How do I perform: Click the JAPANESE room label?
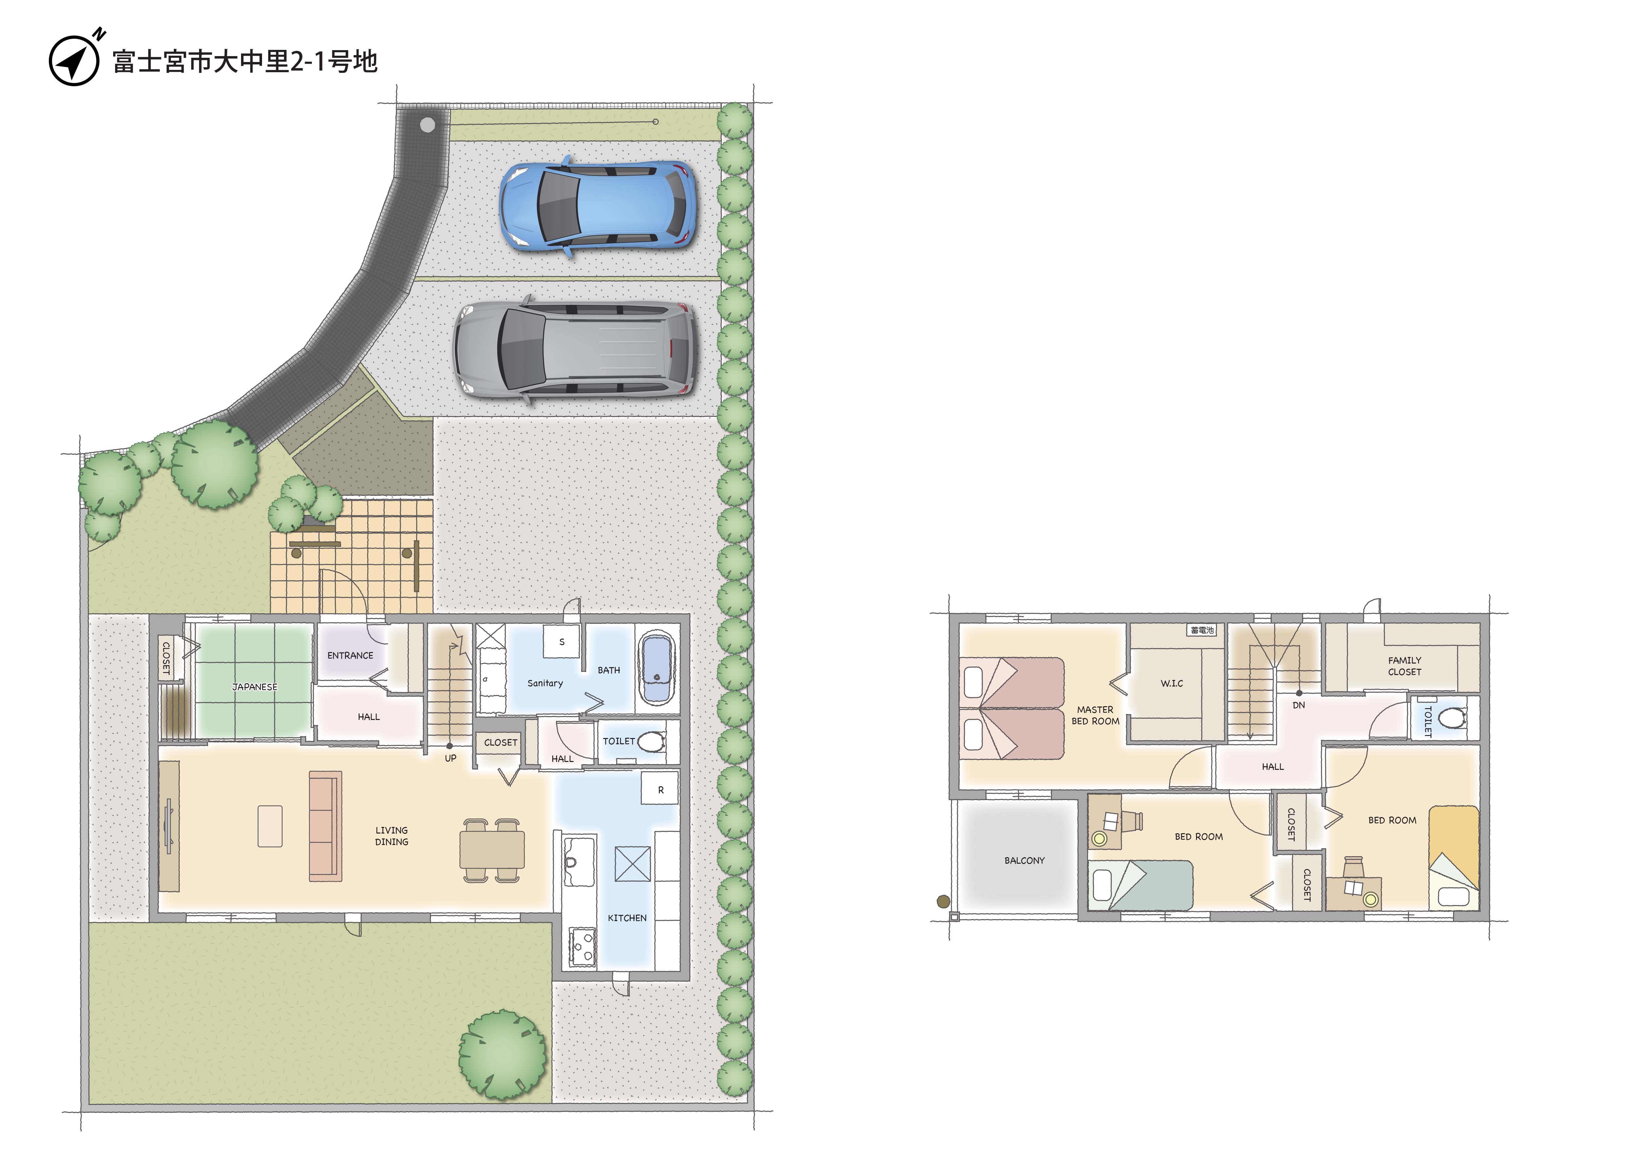click(x=254, y=687)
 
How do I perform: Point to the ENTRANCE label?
click(x=350, y=655)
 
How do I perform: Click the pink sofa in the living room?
click(x=325, y=826)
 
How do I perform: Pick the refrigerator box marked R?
click(x=660, y=789)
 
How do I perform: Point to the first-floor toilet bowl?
click(x=651, y=741)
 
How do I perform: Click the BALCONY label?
click(x=1025, y=860)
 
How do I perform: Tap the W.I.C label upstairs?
click(x=1172, y=683)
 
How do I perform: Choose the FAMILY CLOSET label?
click(x=1404, y=666)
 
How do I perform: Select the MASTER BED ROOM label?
click(x=1095, y=715)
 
